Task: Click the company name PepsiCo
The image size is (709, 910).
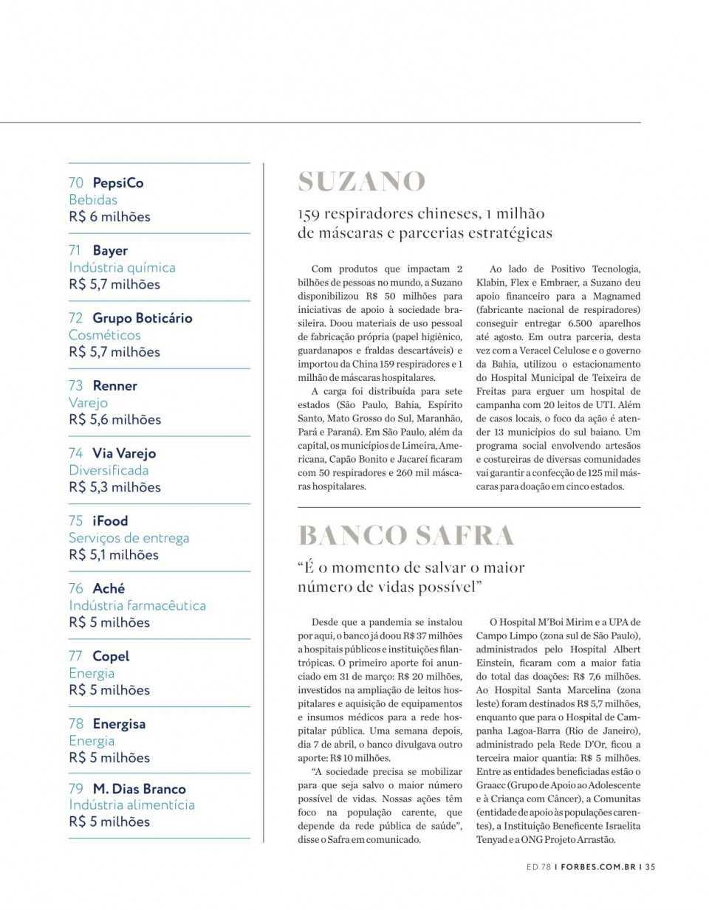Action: point(117,183)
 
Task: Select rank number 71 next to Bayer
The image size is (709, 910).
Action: point(75,251)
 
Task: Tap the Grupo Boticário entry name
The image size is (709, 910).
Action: point(142,318)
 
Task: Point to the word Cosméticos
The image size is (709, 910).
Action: point(104,335)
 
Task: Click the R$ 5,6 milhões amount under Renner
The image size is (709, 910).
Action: point(114,420)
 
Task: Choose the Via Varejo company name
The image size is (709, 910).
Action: point(124,453)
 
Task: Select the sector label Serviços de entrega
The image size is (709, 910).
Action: point(129,538)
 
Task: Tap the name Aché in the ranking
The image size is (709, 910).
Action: point(109,589)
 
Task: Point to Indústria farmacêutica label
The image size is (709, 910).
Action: point(137,606)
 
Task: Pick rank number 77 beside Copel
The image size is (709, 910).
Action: point(75,656)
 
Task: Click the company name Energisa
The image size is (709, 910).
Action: point(119,724)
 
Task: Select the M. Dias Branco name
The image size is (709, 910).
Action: point(139,789)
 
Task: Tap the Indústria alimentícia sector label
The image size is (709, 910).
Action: point(131,805)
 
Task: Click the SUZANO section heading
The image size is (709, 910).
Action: point(362,182)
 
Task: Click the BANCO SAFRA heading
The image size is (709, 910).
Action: point(406,535)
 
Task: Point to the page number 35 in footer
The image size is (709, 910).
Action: point(650,867)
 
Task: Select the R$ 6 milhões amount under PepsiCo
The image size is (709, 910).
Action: point(109,217)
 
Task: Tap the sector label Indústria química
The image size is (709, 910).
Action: point(122,268)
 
